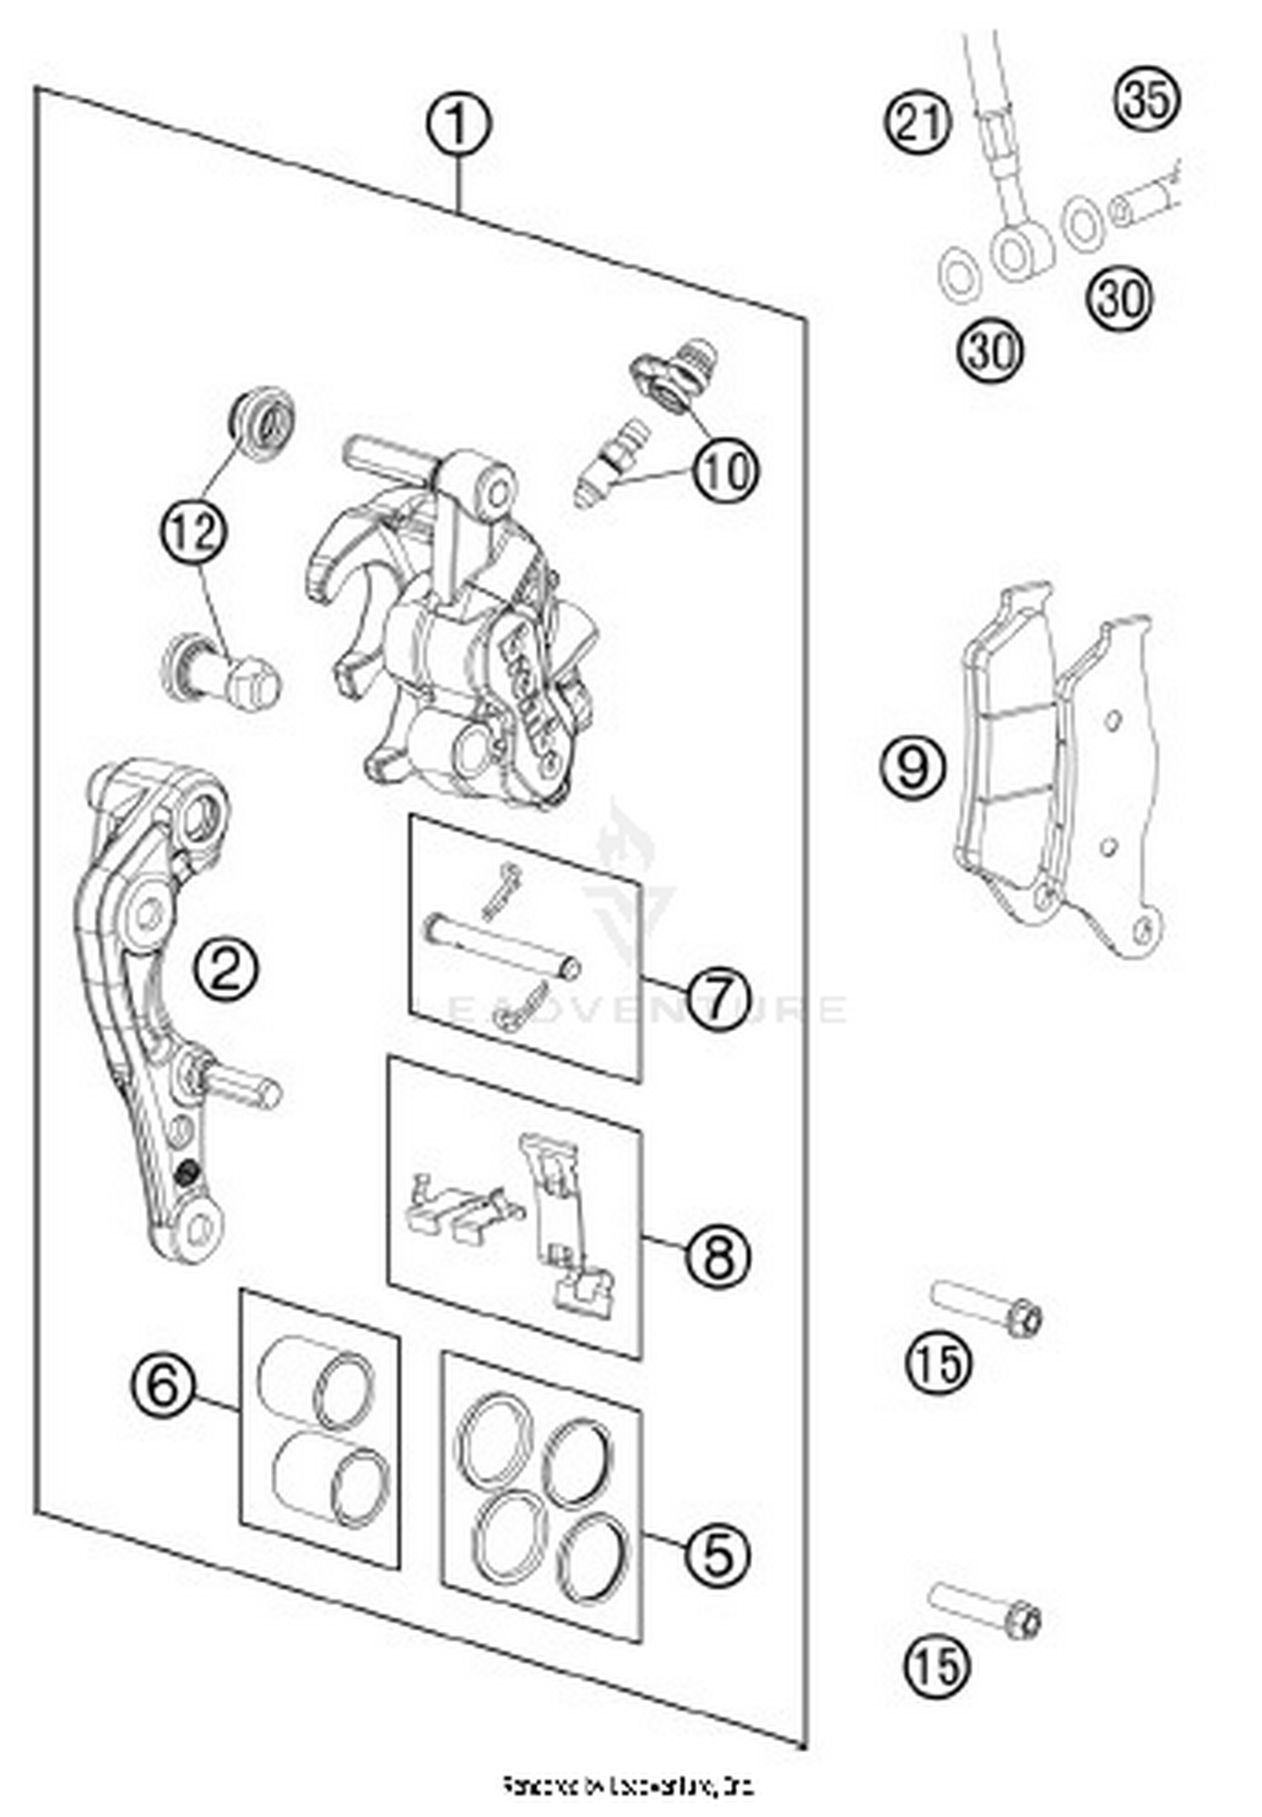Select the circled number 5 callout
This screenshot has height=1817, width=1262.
point(716,1553)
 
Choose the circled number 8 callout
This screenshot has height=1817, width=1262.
point(716,1258)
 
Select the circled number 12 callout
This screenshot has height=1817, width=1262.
point(195,531)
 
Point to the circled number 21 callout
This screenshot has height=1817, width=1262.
point(918,124)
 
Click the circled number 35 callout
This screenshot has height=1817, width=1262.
point(1148,100)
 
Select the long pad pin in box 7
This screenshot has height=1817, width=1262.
point(503,944)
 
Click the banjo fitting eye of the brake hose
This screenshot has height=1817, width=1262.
point(1020,251)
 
